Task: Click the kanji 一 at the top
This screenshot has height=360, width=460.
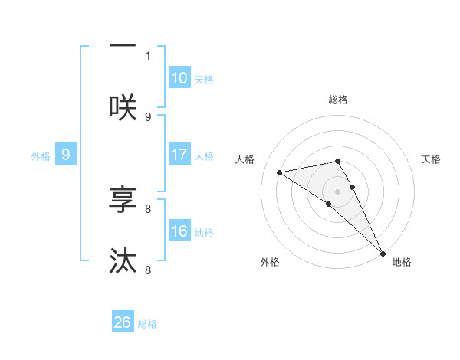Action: (x=123, y=46)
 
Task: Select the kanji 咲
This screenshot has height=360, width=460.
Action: (x=123, y=107)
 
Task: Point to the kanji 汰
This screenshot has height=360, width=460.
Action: (x=123, y=261)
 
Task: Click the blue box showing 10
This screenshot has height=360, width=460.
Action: (x=179, y=78)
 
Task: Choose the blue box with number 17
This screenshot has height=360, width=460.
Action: (x=179, y=155)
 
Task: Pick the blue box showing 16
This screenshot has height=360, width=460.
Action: (x=179, y=231)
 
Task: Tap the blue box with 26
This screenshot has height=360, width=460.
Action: (x=123, y=322)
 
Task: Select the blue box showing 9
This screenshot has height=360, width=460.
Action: (x=66, y=155)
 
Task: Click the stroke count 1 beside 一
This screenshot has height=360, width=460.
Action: (x=148, y=55)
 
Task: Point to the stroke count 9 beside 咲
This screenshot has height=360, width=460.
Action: (x=148, y=116)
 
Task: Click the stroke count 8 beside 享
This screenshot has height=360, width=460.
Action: (x=148, y=208)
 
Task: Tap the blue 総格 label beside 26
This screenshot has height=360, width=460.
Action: (x=147, y=323)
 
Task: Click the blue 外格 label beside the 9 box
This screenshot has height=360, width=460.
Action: (x=41, y=155)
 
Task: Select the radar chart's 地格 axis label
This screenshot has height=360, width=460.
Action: (x=402, y=262)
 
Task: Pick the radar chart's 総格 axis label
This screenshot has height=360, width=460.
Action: (x=338, y=100)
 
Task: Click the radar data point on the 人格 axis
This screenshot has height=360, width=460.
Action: (x=279, y=172)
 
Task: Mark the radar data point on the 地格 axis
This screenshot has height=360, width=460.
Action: (x=383, y=252)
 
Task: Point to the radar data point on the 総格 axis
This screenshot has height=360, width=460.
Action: (x=338, y=161)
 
